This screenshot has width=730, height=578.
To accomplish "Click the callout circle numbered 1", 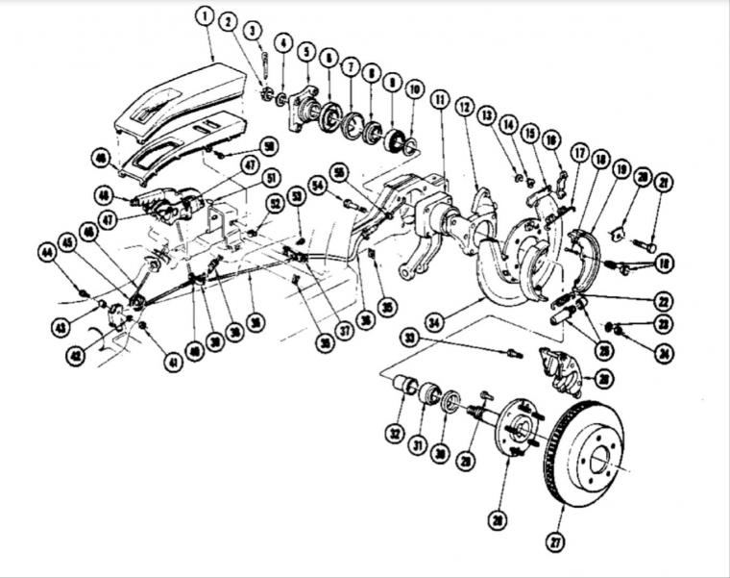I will click(205, 14).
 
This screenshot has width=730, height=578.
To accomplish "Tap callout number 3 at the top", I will click(253, 32).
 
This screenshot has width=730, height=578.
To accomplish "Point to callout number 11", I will click(440, 99).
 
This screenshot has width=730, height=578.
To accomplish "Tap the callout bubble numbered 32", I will click(394, 434).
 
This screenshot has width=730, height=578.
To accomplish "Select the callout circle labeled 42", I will click(55, 354).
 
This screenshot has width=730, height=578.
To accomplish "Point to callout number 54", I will click(317, 184).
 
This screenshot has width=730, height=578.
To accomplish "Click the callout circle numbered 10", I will click(415, 89).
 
